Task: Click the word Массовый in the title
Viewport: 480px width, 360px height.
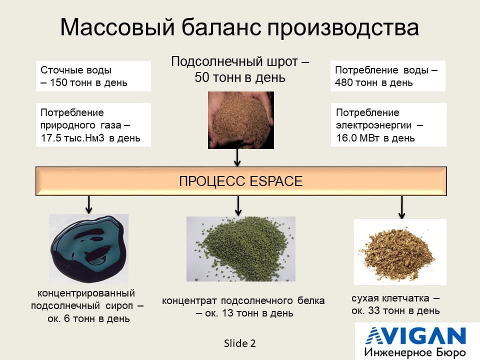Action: [x=117, y=27]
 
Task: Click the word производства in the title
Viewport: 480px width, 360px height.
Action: [x=343, y=28]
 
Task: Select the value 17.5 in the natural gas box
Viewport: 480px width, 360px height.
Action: [x=51, y=138]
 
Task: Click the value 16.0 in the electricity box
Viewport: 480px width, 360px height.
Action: [x=346, y=138]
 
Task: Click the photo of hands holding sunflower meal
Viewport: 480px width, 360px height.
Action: [x=241, y=120]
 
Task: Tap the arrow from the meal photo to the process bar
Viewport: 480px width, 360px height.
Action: [x=237, y=157]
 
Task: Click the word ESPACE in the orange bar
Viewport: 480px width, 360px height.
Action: [x=276, y=181]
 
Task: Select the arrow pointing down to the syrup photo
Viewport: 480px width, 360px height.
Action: [x=89, y=204]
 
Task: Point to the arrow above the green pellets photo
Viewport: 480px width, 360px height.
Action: [x=238, y=205]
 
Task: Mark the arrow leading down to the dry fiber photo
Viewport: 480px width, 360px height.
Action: [x=402, y=207]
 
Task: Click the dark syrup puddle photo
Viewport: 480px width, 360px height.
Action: [x=89, y=249]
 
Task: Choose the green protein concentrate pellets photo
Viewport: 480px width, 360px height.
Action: [x=241, y=249]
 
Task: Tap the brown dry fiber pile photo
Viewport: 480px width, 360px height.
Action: [x=400, y=252]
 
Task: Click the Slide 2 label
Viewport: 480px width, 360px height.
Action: [x=239, y=343]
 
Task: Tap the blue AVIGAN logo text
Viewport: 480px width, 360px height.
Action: [x=415, y=336]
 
